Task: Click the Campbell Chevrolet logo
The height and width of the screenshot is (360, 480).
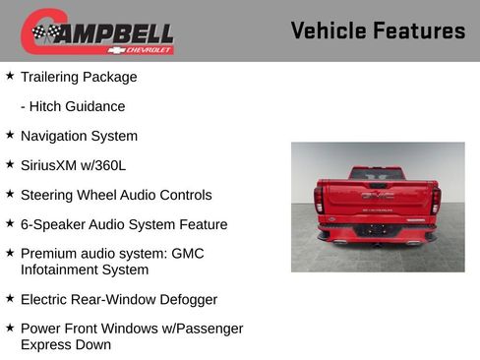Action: (x=97, y=31)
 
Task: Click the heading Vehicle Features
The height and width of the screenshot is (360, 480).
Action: (x=378, y=31)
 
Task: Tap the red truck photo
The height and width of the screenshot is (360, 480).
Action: (x=378, y=207)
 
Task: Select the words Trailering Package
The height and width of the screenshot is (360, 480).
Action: (x=79, y=77)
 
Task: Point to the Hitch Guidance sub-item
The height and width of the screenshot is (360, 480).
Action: (x=73, y=106)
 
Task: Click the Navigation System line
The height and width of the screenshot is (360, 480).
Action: (x=79, y=136)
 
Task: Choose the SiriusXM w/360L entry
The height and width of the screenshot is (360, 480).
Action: (x=72, y=165)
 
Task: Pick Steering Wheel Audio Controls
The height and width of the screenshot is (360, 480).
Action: (x=115, y=195)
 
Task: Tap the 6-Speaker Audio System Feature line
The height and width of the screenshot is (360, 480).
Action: (x=123, y=224)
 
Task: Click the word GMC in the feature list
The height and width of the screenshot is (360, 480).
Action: (x=187, y=254)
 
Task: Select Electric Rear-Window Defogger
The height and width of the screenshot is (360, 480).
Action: (x=118, y=299)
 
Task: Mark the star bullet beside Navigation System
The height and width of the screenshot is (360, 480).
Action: (x=10, y=135)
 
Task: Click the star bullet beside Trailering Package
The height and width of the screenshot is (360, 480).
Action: (x=10, y=76)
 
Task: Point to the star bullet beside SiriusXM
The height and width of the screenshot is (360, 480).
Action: (x=10, y=164)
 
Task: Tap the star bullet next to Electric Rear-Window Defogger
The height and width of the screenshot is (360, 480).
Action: (x=10, y=298)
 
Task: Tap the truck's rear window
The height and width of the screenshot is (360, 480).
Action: (x=377, y=174)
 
